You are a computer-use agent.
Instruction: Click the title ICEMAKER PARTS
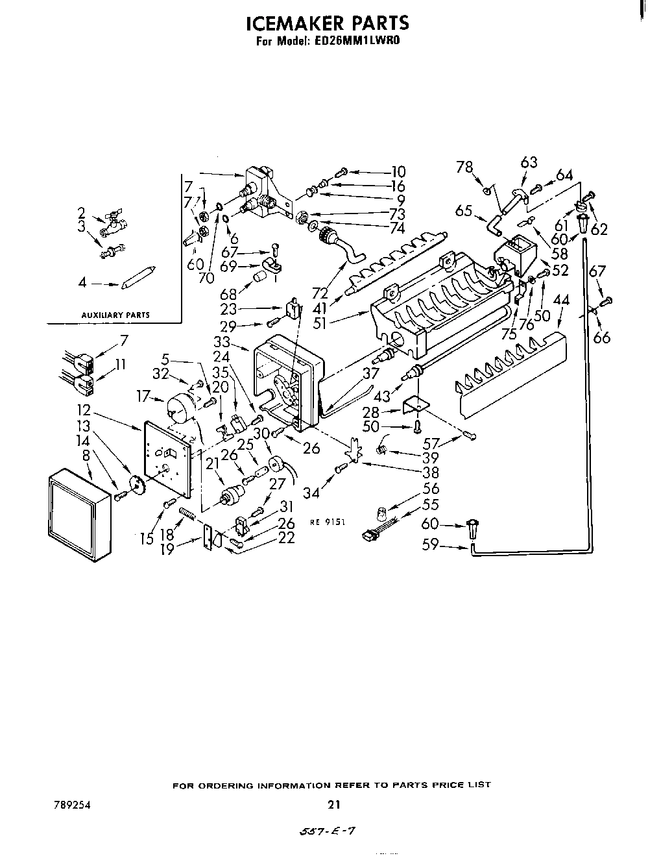tap(328, 23)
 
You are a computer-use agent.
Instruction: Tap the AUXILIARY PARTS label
tap(115, 315)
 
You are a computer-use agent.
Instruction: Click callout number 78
tap(464, 167)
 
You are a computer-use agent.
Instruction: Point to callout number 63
tap(529, 162)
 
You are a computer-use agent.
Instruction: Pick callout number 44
tap(561, 300)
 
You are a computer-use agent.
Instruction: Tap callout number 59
tap(431, 546)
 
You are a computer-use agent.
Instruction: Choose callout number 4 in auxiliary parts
tap(82, 283)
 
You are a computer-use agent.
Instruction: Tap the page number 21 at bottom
tap(333, 805)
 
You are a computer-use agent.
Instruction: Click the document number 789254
tap(72, 805)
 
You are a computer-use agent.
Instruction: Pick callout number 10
tap(398, 172)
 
